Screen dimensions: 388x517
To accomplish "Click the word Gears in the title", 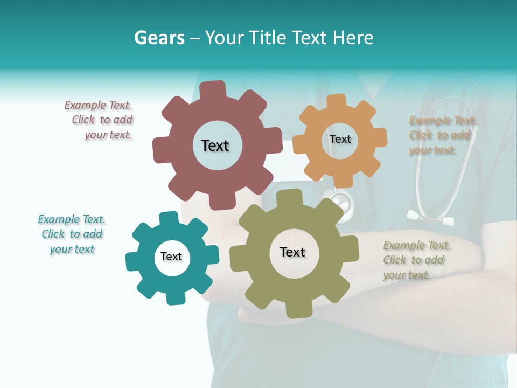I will point(159,38).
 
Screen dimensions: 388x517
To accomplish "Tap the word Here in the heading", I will point(353,38).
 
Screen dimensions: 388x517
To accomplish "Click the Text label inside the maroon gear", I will point(215,145).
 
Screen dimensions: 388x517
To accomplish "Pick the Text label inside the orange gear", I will point(340,139).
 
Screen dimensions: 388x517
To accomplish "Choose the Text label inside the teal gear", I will point(171,257).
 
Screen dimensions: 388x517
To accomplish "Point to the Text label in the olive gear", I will point(292,252).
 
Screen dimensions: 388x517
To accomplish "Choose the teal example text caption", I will point(72,234).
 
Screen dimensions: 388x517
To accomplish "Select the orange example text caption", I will point(442,135).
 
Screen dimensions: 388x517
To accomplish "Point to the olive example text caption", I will point(416,260).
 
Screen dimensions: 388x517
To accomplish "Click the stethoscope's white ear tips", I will point(429,218).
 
